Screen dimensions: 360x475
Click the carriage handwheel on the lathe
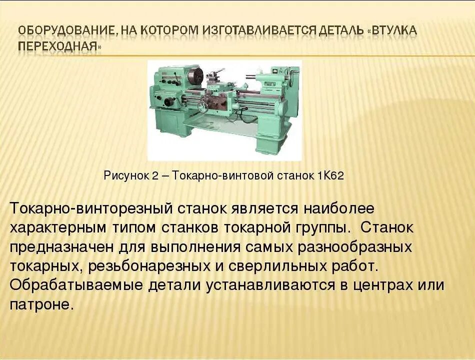tap(202, 106)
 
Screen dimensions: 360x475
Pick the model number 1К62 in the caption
tap(330, 176)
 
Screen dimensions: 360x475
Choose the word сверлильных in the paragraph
tap(278, 266)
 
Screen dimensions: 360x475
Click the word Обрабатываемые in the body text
tap(76, 285)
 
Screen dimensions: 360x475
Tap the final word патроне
tap(41, 305)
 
